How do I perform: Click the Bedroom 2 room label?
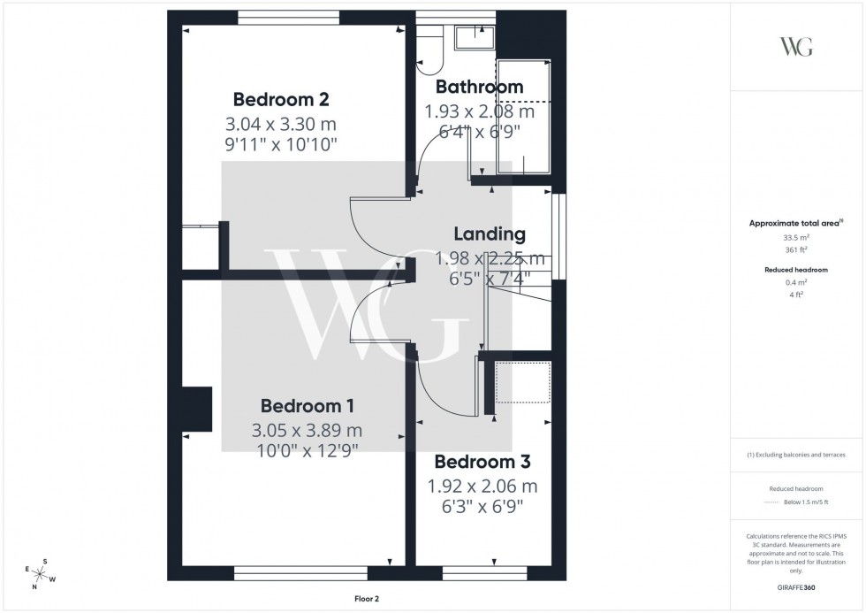(x=280, y=98)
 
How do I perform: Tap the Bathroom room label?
(x=479, y=87)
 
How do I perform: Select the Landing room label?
(x=490, y=234)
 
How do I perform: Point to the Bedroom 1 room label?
(x=307, y=406)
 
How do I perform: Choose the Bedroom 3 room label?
(x=482, y=462)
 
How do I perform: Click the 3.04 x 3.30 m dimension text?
(x=280, y=124)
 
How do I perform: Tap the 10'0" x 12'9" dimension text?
(x=307, y=449)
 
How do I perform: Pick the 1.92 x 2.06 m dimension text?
(x=482, y=486)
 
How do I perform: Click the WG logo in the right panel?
(x=796, y=47)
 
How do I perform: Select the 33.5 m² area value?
(x=796, y=237)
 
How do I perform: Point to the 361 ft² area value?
(x=796, y=249)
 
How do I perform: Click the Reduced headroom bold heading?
(x=796, y=269)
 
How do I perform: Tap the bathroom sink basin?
(x=475, y=37)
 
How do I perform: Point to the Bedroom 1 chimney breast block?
(x=196, y=408)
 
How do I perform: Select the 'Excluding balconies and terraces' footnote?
(x=796, y=455)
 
